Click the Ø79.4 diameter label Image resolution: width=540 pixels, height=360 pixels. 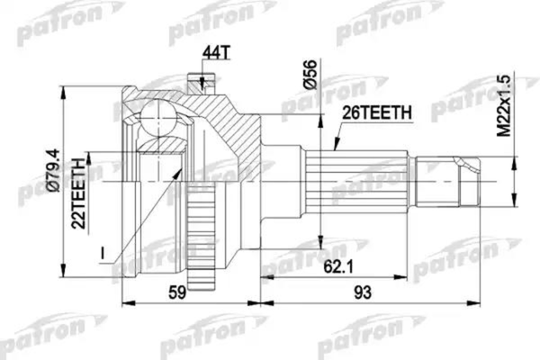coord(54,175)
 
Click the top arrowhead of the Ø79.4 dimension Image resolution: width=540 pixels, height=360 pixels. coord(62,94)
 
